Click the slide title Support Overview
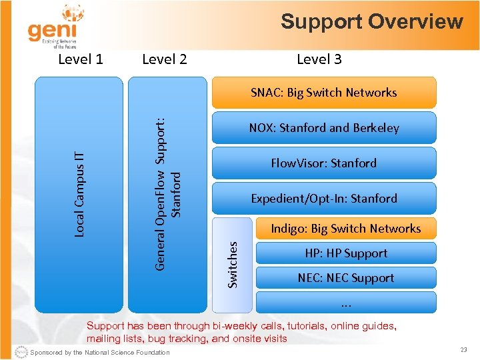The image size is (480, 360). click(x=371, y=21)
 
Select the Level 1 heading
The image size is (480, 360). click(x=81, y=59)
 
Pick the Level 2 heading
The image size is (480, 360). click(x=165, y=59)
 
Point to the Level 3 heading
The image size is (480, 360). click(x=319, y=59)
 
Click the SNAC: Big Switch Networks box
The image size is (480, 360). click(x=323, y=93)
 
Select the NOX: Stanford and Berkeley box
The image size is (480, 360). click(x=323, y=128)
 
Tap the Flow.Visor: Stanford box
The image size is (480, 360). click(x=323, y=163)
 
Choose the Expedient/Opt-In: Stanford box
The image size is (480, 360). click(x=323, y=199)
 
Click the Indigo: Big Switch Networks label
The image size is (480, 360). click(x=345, y=229)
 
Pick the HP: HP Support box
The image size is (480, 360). click(x=345, y=253)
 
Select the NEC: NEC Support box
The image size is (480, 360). click(x=345, y=278)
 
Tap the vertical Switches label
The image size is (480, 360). click(x=233, y=265)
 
